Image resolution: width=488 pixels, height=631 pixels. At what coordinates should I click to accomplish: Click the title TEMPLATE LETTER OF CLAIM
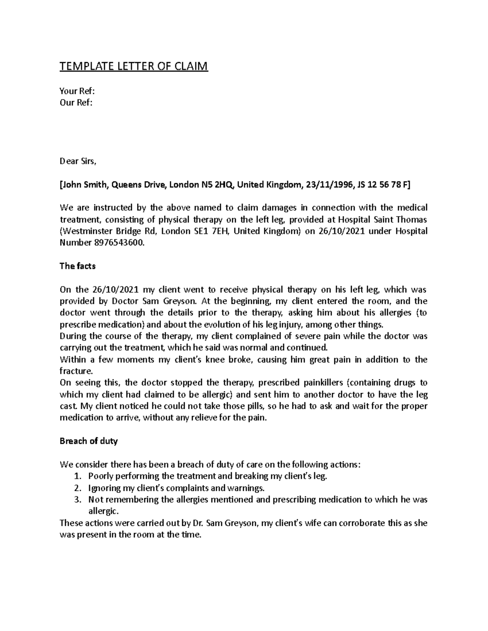click(133, 66)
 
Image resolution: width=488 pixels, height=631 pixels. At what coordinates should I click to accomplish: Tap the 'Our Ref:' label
click(76, 102)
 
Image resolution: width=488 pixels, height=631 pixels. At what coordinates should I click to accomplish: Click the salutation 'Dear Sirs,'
click(78, 162)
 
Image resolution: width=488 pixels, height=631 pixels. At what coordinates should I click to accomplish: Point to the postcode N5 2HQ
click(218, 185)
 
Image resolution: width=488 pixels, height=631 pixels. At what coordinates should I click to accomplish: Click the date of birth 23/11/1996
click(329, 185)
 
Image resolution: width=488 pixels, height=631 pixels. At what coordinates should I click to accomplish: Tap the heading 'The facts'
click(77, 266)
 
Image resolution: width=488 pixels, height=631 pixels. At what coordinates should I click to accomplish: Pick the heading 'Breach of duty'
click(88, 441)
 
